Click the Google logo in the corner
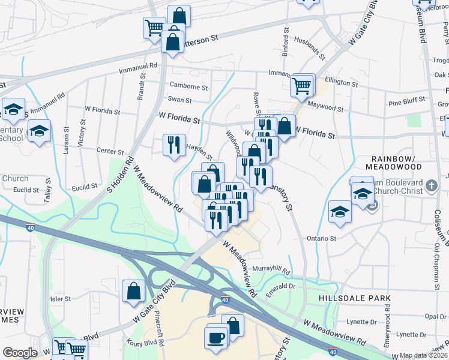[x=20, y=353]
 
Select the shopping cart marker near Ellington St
[x=302, y=85]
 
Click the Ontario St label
[x=322, y=238]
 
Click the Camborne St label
[x=188, y=86]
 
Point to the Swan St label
[x=179, y=100]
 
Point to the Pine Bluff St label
[x=406, y=99]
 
